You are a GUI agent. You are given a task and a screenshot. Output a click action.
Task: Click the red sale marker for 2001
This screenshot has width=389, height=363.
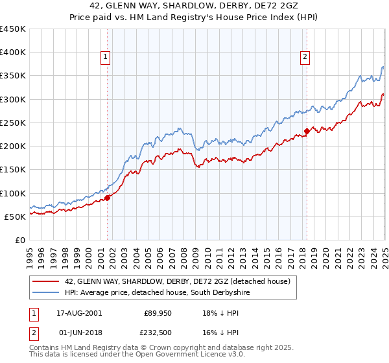point(108,198)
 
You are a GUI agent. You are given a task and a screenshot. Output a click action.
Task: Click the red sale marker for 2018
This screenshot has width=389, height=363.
point(307,131)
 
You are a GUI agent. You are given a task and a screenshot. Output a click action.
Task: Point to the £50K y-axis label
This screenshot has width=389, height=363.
point(16,217)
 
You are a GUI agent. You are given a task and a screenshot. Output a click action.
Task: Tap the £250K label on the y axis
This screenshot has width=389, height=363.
point(13,123)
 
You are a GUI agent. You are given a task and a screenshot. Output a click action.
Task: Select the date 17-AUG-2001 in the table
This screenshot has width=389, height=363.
point(75,313)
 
